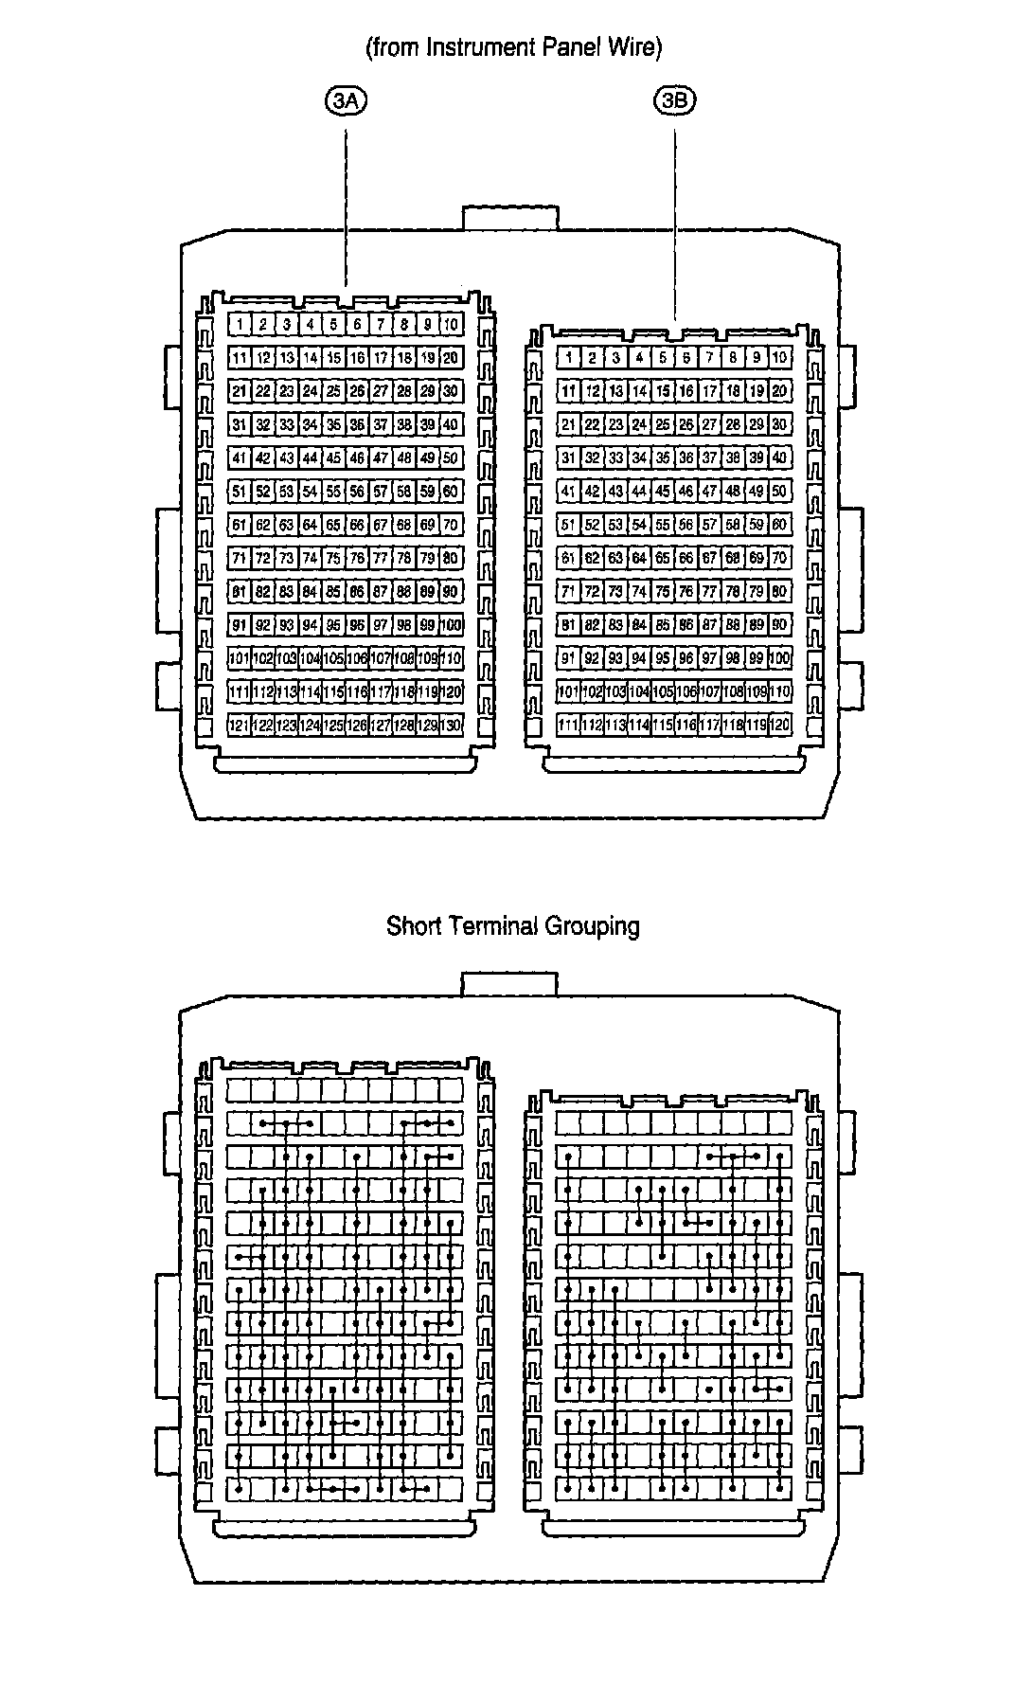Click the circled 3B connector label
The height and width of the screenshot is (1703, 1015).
[x=674, y=101]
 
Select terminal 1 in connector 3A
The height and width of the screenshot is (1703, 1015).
[x=240, y=325]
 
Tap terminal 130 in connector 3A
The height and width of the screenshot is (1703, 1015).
[x=452, y=725]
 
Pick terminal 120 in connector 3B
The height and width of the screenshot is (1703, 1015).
[x=779, y=725]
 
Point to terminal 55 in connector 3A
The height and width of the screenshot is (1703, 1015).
[x=333, y=492]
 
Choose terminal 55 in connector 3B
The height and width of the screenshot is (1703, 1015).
[x=663, y=525]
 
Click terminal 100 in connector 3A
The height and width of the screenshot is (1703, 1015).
[x=452, y=625]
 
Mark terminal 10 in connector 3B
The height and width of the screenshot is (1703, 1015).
[x=779, y=358]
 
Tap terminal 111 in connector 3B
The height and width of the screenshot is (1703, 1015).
[x=568, y=725]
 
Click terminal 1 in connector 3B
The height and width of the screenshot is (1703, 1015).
[x=568, y=358]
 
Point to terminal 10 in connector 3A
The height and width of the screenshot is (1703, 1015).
[x=452, y=325]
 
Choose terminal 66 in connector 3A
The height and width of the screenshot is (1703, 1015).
[x=357, y=525]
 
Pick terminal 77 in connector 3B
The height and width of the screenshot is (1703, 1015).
[x=709, y=592]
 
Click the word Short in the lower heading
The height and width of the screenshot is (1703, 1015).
[x=413, y=925]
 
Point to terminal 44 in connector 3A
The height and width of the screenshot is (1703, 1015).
[x=311, y=458]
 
